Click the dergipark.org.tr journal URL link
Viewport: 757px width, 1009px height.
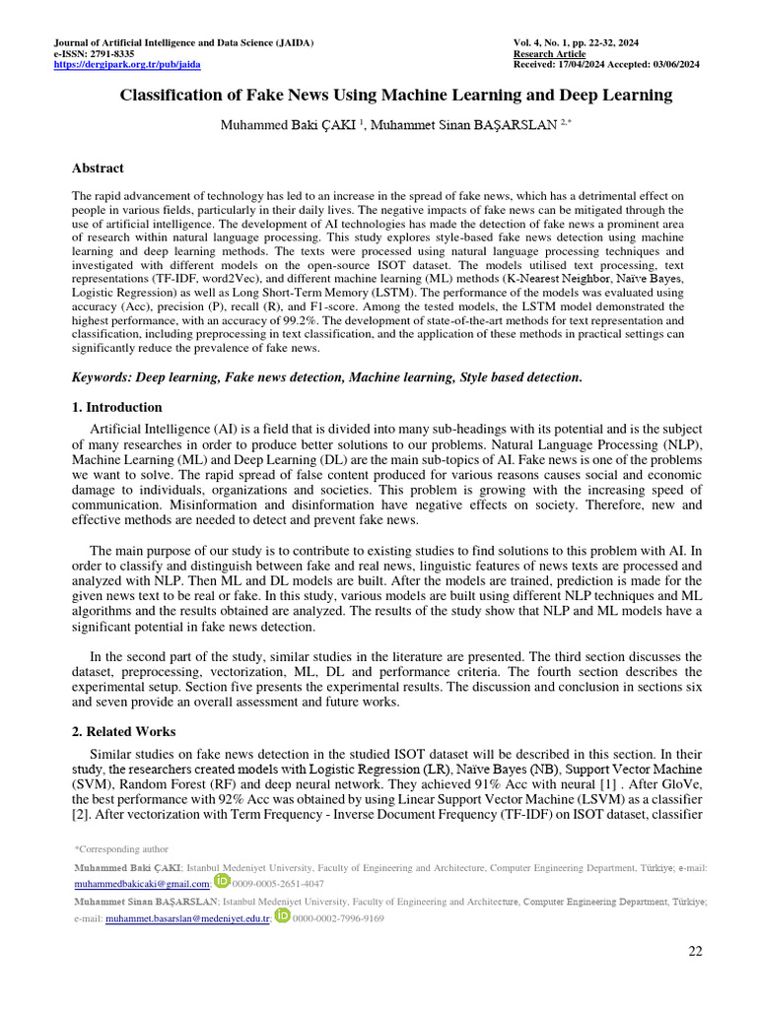tap(126, 65)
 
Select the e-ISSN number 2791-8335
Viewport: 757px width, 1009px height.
tap(112, 54)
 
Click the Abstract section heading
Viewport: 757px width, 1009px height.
tap(99, 168)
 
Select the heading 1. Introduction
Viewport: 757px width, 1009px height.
tap(118, 407)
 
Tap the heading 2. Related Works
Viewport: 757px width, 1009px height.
tap(124, 732)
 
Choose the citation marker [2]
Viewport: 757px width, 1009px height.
tap(81, 815)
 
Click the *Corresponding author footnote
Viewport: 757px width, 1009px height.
tap(121, 848)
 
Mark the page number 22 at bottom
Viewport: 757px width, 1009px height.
tap(695, 950)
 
